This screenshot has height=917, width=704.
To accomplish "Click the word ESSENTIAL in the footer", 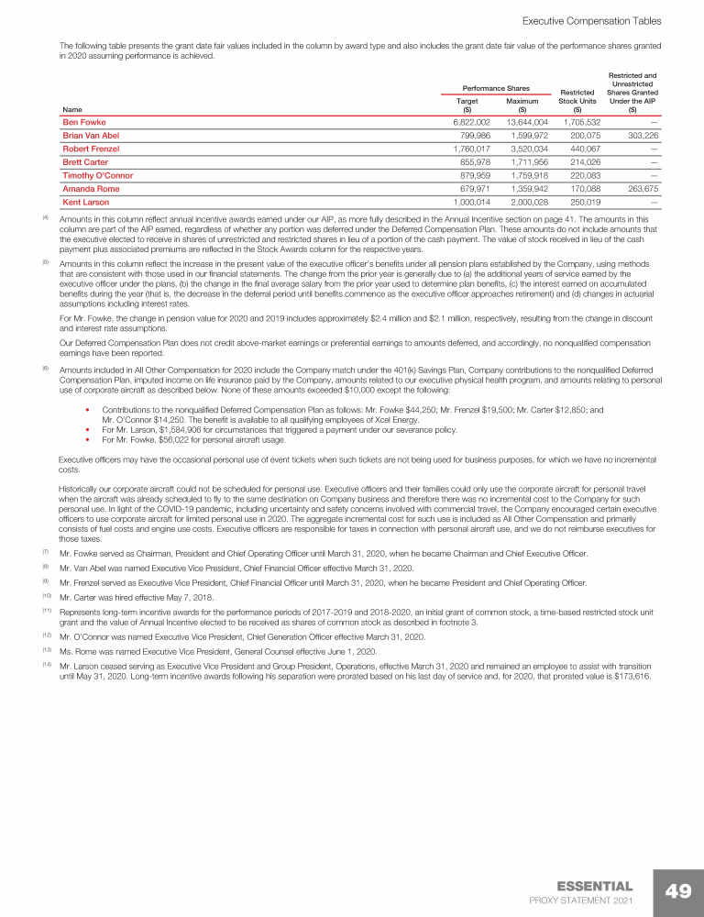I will [594, 886].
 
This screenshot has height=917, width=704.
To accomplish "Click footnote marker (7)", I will [45, 552].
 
